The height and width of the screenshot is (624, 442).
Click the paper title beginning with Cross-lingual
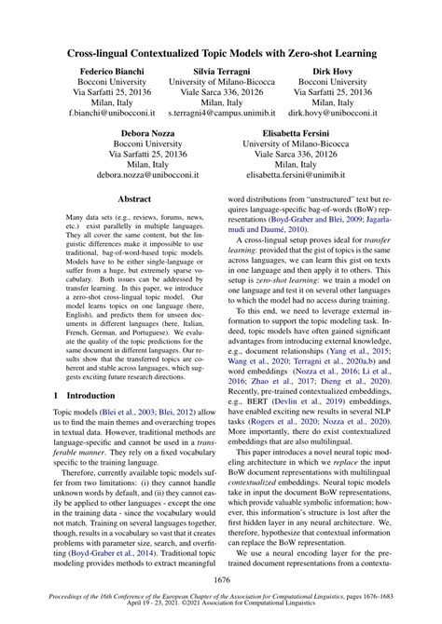[x=221, y=54]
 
